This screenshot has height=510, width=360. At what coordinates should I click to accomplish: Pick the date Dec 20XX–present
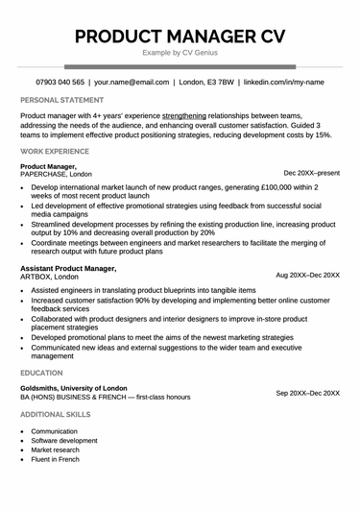pyautogui.click(x=311, y=173)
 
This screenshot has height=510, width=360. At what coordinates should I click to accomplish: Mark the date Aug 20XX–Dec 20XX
pyautogui.click(x=307, y=275)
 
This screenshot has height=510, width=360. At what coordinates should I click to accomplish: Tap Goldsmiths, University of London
pyautogui.click(x=84, y=388)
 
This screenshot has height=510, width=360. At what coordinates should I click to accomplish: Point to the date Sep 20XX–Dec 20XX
pyautogui.click(x=307, y=393)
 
